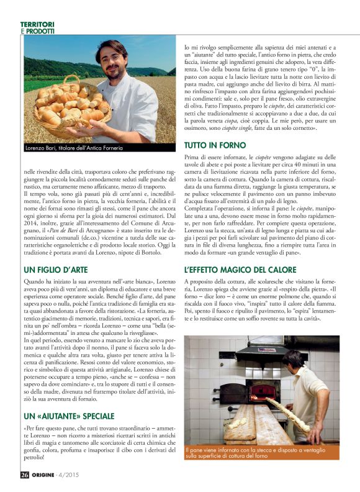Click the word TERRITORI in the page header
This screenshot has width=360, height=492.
point(37,24)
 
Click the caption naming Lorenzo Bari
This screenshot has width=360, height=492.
point(74,147)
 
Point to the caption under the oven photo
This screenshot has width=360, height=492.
point(261,453)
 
